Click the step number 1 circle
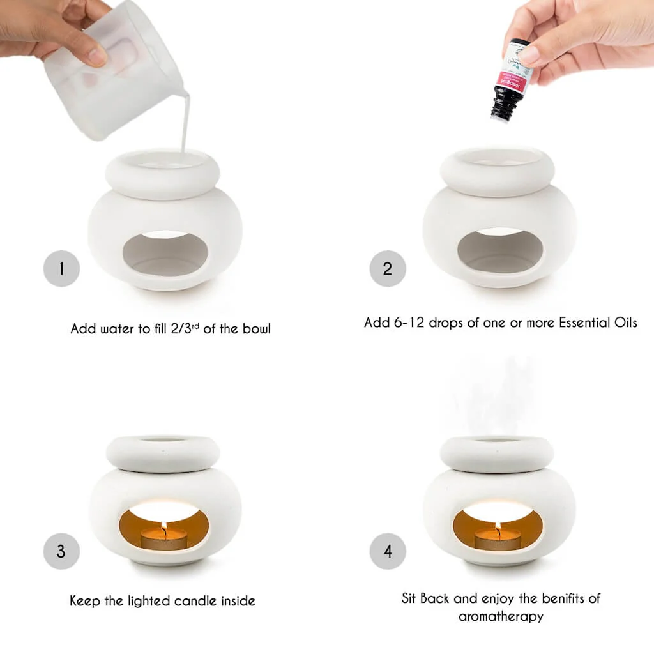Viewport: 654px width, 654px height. pos(61,269)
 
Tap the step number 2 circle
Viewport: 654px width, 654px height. pos(388,269)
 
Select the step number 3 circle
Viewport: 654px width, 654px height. pos(61,551)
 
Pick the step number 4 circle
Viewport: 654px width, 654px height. pos(388,551)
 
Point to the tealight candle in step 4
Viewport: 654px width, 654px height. pos(498,541)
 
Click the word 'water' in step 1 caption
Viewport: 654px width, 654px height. pos(114,330)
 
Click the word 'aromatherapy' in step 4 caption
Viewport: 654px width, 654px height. pos(501,616)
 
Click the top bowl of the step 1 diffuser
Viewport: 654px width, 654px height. pos(162,173)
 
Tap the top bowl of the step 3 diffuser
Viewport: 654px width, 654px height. pos(162,453)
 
